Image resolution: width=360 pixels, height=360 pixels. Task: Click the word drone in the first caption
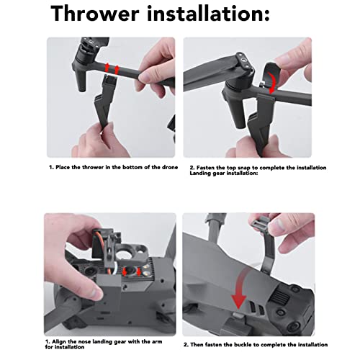pos(162,167)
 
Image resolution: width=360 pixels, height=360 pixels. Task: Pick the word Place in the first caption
pos(64,167)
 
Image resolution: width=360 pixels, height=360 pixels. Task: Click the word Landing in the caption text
pos(201,172)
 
